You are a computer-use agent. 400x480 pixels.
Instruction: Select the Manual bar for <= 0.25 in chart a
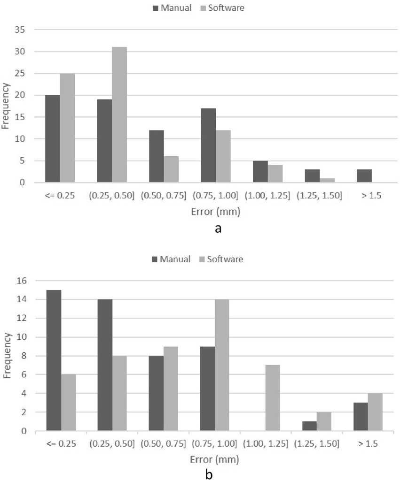tap(52, 138)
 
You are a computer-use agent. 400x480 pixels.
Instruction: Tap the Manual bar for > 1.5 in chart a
tap(364, 176)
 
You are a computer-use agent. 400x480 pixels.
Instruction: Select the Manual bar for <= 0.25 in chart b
tap(54, 360)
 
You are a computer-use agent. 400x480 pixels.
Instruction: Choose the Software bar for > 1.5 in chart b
tap(374, 412)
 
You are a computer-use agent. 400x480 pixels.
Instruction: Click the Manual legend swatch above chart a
tap(156, 8)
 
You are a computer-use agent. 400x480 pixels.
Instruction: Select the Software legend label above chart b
tap(227, 259)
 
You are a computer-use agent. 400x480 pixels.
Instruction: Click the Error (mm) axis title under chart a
tap(216, 212)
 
